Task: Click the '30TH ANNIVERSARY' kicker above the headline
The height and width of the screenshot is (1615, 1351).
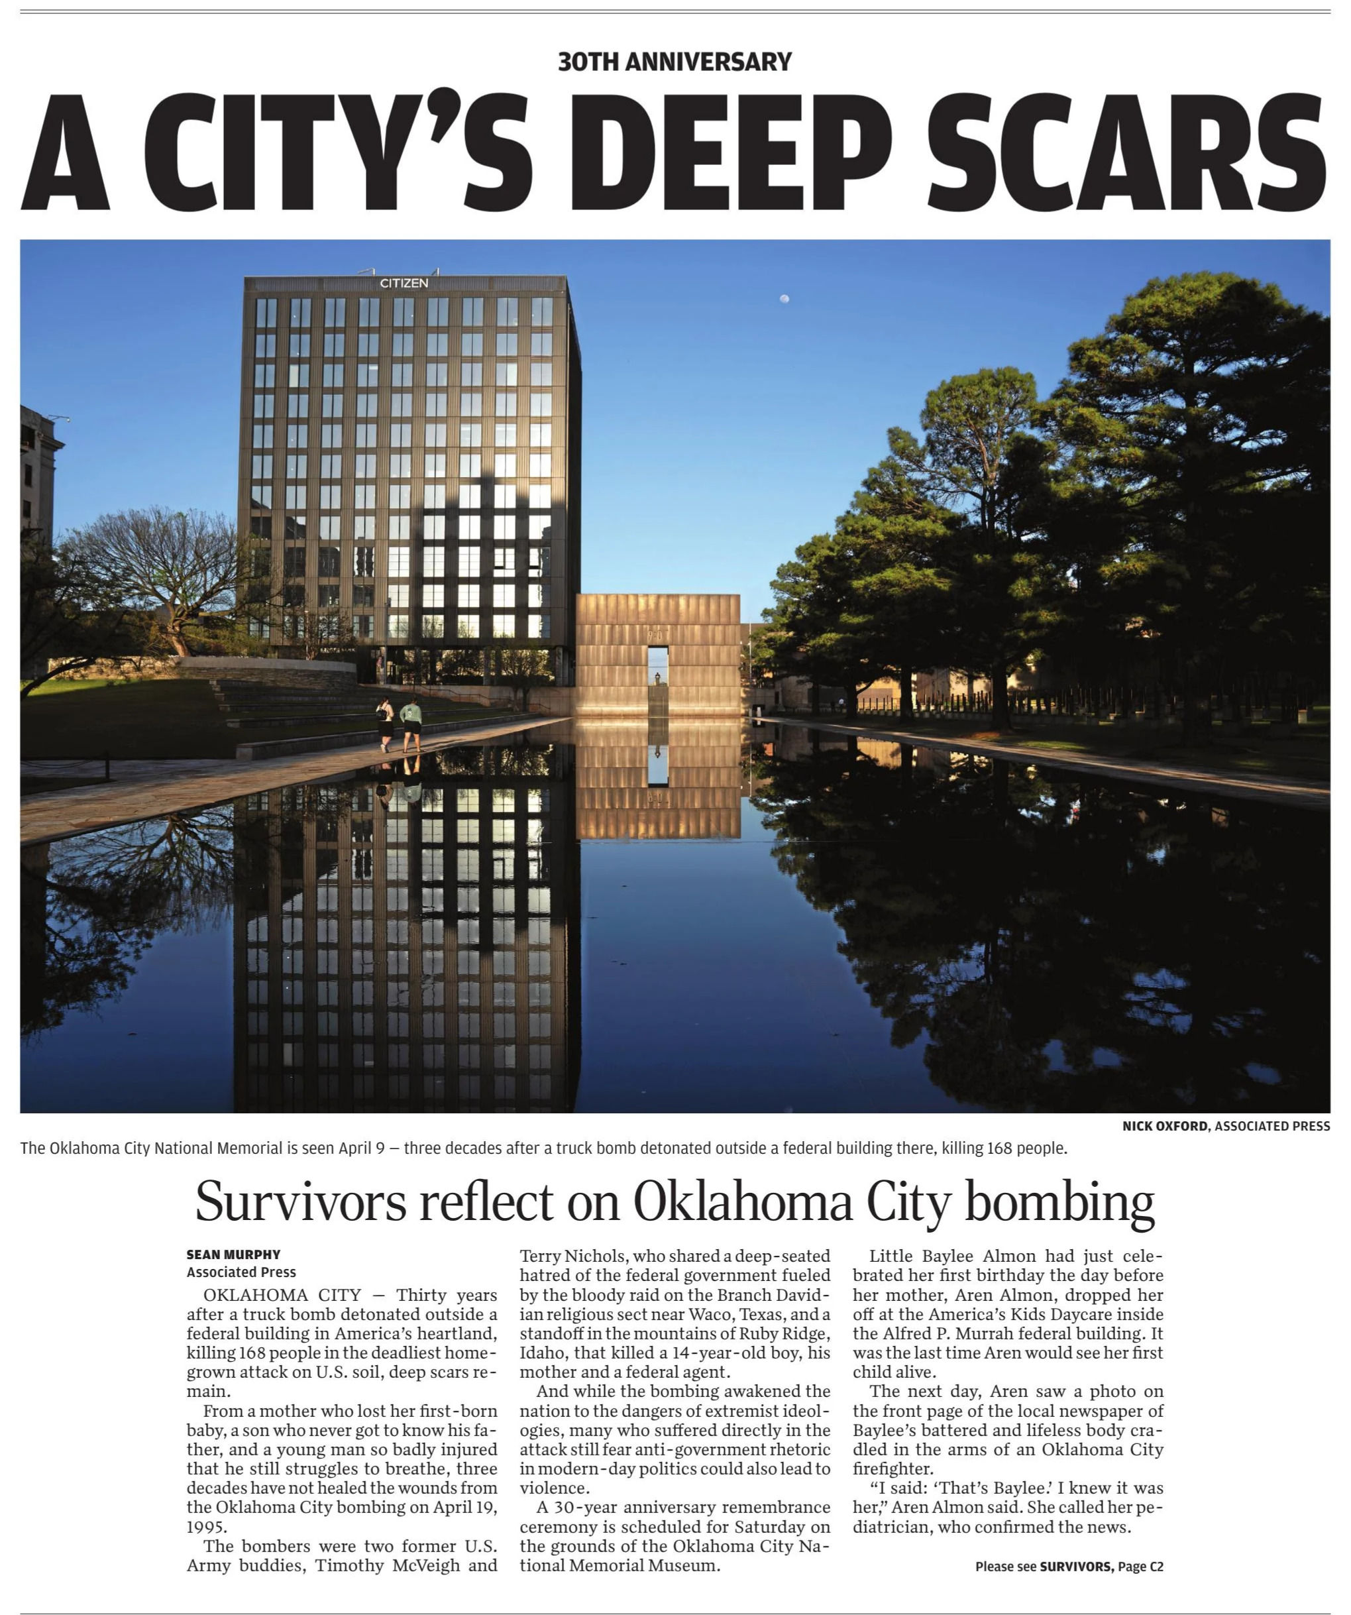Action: click(675, 62)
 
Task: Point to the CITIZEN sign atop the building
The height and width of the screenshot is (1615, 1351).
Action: click(404, 283)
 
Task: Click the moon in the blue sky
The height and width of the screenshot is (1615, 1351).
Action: click(784, 298)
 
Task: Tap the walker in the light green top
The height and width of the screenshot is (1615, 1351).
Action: click(412, 723)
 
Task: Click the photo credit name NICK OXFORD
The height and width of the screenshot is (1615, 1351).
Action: click(1164, 1126)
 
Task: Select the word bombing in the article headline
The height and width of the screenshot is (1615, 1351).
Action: click(1059, 1203)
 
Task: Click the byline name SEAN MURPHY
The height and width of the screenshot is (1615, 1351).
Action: click(233, 1254)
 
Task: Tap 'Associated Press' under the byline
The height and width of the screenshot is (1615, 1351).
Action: click(241, 1272)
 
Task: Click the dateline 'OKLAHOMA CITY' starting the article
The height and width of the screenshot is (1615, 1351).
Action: click(282, 1296)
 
